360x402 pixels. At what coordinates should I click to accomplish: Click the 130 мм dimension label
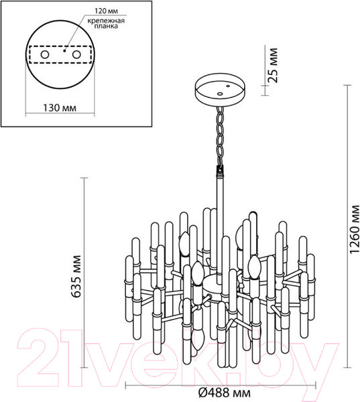(58, 107)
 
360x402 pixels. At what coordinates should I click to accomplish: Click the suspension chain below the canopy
(220, 137)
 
